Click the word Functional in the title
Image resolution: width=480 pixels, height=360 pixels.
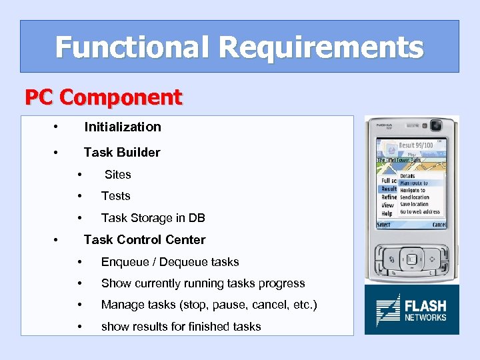(133, 47)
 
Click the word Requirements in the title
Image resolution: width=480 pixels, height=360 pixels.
(320, 47)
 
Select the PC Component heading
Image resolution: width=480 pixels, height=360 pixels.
(103, 98)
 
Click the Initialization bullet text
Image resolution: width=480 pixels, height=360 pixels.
(122, 127)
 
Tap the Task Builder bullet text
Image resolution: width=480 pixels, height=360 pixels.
(121, 152)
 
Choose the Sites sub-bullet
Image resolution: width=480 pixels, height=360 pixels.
(117, 175)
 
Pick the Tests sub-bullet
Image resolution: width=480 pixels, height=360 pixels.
(115, 196)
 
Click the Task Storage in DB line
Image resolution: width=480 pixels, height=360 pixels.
(153, 218)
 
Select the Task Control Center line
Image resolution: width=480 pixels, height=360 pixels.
(144, 239)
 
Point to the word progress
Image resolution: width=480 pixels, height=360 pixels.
(282, 283)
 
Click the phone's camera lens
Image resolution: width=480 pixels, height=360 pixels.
(437, 125)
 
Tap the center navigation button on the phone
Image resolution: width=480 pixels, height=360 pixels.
(411, 259)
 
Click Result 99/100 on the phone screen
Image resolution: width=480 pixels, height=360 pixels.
(416, 145)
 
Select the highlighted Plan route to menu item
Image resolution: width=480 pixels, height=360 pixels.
(413, 183)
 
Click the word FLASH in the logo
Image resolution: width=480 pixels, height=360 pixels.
(425, 305)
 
